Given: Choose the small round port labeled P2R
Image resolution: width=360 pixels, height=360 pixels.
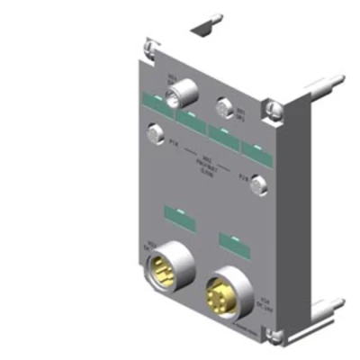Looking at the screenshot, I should [258, 185].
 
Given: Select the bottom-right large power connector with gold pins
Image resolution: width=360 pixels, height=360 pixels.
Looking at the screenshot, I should [221, 292].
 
